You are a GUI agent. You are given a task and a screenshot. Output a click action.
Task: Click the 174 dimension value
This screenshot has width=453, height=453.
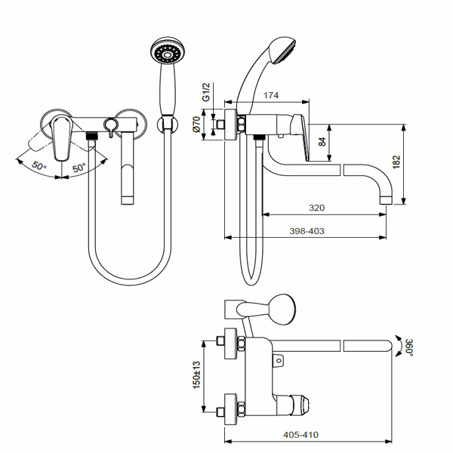(271, 95)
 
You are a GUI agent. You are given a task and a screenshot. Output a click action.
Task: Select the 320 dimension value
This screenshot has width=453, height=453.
(316, 208)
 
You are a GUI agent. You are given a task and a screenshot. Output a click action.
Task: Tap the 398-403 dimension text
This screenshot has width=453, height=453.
(307, 231)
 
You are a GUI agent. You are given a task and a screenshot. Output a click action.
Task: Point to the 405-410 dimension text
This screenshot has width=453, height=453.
(300, 435)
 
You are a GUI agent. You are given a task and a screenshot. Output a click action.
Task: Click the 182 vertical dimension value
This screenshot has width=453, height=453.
(396, 162)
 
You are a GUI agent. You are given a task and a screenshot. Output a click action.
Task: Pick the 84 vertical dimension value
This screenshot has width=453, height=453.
(322, 142)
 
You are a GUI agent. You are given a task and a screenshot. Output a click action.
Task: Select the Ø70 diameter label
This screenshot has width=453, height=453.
(196, 125)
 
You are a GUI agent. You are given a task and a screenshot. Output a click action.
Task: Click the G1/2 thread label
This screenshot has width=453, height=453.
(205, 92)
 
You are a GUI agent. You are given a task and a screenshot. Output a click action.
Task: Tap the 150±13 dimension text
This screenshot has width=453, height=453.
(196, 374)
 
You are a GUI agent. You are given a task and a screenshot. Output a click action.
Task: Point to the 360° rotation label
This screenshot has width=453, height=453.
(408, 347)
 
